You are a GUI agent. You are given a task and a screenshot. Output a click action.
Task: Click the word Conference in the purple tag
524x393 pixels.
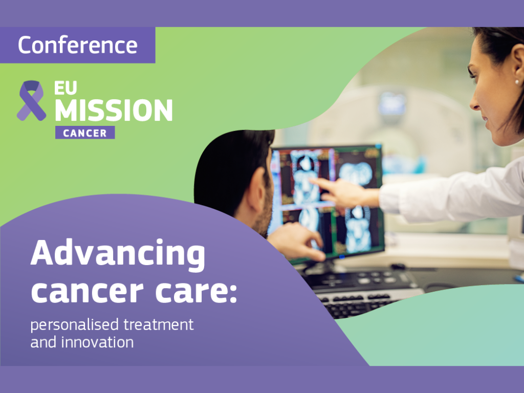click(78, 45)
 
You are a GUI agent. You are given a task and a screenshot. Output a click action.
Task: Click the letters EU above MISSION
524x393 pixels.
click(66, 88)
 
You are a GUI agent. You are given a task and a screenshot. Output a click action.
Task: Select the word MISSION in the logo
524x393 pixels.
click(114, 109)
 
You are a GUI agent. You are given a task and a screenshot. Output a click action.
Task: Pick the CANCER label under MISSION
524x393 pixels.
click(85, 133)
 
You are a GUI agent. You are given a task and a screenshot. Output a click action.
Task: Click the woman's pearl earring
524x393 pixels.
click(517, 81)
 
